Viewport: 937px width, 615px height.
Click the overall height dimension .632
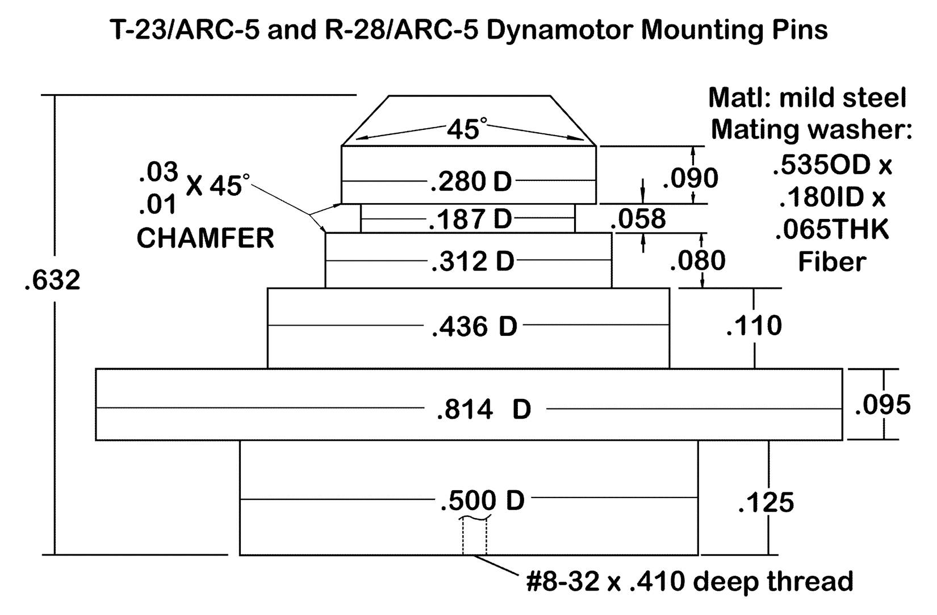click(x=52, y=280)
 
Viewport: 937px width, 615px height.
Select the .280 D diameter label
click(x=471, y=182)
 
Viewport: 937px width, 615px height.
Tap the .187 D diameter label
click(x=471, y=219)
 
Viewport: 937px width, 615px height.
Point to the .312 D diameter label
click(x=472, y=261)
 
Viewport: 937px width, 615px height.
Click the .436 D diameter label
click(x=474, y=326)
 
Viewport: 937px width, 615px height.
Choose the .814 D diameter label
click(x=484, y=410)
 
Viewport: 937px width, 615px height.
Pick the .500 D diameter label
click(x=482, y=501)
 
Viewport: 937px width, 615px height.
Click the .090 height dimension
click(x=691, y=178)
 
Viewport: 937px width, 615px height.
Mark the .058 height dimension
click(x=638, y=218)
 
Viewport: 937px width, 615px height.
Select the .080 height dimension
click(x=697, y=261)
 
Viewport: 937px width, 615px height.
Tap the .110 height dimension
click(x=754, y=326)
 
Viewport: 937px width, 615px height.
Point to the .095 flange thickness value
click(x=882, y=405)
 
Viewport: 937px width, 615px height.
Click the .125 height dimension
click(x=766, y=503)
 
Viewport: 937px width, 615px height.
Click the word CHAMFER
click(x=206, y=238)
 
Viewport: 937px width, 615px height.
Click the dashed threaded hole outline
click(x=474, y=537)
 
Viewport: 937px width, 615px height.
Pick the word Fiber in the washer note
click(x=832, y=262)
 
